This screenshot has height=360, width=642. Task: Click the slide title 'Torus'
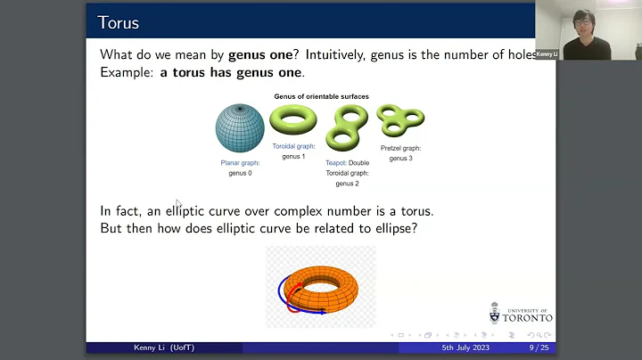(118, 21)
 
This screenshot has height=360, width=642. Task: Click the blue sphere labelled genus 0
(240, 128)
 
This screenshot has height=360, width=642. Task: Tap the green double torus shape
(346, 127)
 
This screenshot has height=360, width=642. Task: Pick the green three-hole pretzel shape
(399, 120)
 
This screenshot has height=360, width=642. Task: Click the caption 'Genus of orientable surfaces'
(320, 95)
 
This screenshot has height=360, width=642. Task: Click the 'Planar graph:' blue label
(240, 163)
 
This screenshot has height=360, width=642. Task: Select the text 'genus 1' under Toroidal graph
(293, 156)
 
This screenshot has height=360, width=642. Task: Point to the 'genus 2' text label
(346, 183)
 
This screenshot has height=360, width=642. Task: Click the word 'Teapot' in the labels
(337, 163)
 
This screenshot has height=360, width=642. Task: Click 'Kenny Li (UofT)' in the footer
(153, 348)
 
